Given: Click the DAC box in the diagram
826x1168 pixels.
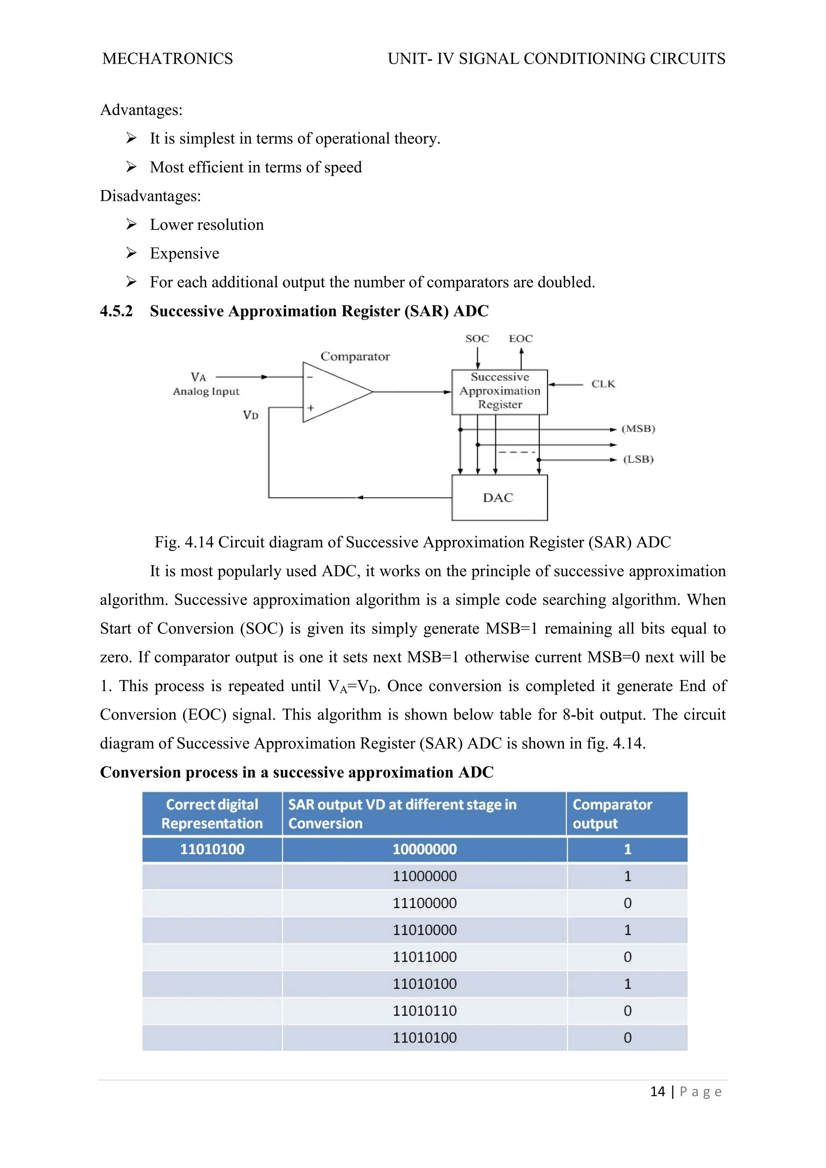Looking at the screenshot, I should pyautogui.click(x=499, y=498).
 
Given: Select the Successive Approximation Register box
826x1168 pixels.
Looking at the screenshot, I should pyautogui.click(x=499, y=391).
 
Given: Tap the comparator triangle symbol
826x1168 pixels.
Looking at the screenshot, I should pyautogui.click(x=331, y=392).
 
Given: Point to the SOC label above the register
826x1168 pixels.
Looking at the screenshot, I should pyautogui.click(x=477, y=339).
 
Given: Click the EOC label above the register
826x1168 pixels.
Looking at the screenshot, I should pyautogui.click(x=521, y=339).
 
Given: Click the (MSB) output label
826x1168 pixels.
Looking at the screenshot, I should pyautogui.click(x=638, y=429).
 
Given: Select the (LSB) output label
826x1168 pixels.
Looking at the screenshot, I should pyautogui.click(x=638, y=459).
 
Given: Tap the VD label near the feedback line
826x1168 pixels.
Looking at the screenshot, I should pyautogui.click(x=250, y=415).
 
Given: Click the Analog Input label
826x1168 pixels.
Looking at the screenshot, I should pyautogui.click(x=206, y=392).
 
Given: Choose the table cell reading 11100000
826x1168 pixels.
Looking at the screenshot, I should pyautogui.click(x=424, y=903).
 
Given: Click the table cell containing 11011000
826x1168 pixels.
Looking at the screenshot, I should pyautogui.click(x=424, y=957).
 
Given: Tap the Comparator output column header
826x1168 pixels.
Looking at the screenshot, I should pyautogui.click(x=612, y=814).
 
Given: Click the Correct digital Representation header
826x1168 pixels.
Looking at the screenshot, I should pyautogui.click(x=212, y=814).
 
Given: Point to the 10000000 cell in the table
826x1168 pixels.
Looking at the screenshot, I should pyautogui.click(x=424, y=849).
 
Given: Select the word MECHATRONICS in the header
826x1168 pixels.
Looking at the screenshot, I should pyautogui.click(x=167, y=59).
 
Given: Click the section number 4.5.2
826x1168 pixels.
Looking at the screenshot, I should pyautogui.click(x=116, y=311).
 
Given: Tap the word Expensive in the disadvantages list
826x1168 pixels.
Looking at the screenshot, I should pyautogui.click(x=184, y=253).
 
